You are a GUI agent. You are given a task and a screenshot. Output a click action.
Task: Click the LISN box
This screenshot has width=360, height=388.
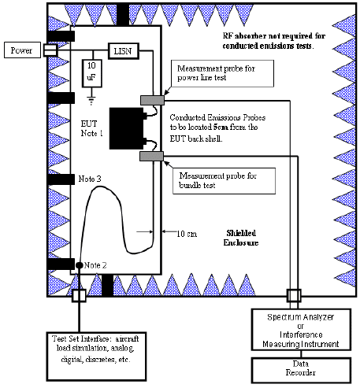point(124,51)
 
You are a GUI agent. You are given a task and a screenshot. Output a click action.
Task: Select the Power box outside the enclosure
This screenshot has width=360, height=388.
point(22,50)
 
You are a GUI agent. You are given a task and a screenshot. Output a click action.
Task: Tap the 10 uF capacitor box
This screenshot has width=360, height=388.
point(91,73)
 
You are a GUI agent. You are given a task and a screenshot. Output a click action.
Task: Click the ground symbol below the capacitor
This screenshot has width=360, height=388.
point(91,101)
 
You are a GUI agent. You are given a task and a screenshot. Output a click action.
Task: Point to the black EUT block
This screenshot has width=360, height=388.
point(127,128)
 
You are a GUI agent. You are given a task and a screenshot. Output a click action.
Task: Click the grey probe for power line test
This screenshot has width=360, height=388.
point(152,100)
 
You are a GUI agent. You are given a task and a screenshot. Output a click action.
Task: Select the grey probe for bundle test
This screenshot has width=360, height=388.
point(151,157)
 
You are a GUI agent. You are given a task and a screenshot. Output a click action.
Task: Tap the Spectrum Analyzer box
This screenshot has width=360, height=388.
point(301,330)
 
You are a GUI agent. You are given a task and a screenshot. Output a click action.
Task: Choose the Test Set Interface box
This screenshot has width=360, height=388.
point(96,357)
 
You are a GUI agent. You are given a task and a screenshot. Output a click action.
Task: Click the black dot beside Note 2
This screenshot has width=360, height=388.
point(80,265)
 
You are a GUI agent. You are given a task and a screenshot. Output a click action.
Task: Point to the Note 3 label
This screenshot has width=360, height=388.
point(90,179)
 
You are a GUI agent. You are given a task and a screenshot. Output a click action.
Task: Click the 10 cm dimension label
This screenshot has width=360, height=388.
point(187,234)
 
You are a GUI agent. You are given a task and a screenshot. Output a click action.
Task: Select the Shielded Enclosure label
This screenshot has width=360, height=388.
point(241,238)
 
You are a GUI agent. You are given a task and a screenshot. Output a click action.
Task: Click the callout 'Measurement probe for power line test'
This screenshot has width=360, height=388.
point(222,73)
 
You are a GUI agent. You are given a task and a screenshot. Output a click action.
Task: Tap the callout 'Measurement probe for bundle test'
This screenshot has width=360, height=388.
point(224,181)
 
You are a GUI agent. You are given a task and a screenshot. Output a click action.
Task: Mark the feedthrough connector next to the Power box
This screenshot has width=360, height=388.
point(50,50)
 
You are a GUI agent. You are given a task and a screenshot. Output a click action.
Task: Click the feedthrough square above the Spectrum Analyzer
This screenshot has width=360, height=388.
point(294,296)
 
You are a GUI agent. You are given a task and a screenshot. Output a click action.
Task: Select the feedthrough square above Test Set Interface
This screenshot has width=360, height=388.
point(79,295)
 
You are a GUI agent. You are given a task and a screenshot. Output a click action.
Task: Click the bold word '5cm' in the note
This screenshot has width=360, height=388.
point(221,127)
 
